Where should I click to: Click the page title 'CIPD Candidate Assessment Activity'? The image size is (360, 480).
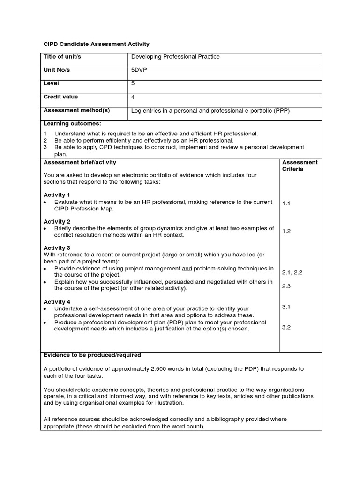[96, 44]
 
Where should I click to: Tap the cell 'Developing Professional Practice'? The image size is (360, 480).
[175, 57]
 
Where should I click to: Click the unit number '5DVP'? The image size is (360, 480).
[139, 70]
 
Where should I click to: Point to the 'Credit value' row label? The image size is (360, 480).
[61, 97]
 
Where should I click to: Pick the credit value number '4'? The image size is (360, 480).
[133, 97]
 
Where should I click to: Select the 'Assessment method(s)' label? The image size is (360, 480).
[76, 111]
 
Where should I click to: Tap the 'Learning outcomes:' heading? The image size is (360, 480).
[72, 124]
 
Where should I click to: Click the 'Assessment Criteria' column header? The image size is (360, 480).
[300, 165]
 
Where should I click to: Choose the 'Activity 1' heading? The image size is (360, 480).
[57, 195]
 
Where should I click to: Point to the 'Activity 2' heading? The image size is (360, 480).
[57, 221]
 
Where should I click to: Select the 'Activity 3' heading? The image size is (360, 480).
[57, 247]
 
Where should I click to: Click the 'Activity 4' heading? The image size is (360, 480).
[57, 302]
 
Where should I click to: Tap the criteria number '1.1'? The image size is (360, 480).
[286, 203]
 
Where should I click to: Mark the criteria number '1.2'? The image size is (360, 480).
[286, 231]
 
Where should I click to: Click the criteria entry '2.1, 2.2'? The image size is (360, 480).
[292, 272]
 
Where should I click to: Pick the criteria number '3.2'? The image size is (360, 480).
[286, 327]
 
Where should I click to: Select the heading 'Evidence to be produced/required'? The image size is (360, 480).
[92, 355]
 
